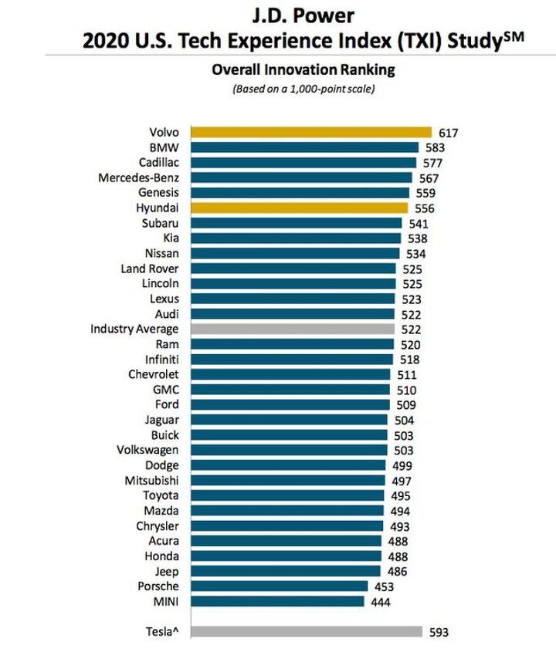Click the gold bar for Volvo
click(x=310, y=132)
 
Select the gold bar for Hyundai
click(x=299, y=208)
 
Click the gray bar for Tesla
click(x=306, y=631)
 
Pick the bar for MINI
click(x=276, y=601)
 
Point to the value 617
click(x=448, y=133)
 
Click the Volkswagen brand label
click(x=147, y=450)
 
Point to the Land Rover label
click(x=150, y=269)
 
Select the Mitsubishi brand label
click(x=151, y=480)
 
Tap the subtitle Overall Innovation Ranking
click(x=303, y=69)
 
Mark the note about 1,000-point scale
click(x=303, y=89)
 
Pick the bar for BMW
click(x=304, y=147)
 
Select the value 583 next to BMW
click(x=435, y=147)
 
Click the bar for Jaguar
click(x=289, y=420)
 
